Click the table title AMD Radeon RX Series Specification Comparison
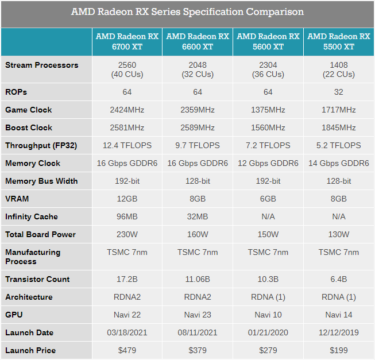[187, 12]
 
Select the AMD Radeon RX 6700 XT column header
[127, 41]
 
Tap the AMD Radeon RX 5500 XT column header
[339, 41]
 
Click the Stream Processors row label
[41, 65]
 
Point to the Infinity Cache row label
[32, 216]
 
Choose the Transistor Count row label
[37, 279]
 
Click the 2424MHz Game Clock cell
[127, 110]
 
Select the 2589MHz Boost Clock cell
[198, 127]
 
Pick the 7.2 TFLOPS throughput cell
[268, 145]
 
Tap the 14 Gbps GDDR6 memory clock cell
[339, 163]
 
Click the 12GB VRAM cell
[127, 199]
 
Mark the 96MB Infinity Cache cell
[127, 216]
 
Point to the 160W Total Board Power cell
[198, 234]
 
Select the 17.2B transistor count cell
[127, 279]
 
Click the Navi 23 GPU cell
[198, 315]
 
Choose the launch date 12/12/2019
[339, 332]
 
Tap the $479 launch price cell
[127, 350]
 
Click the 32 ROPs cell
[339, 92]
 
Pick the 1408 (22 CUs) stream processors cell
[339, 69]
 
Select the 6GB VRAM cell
[268, 199]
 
